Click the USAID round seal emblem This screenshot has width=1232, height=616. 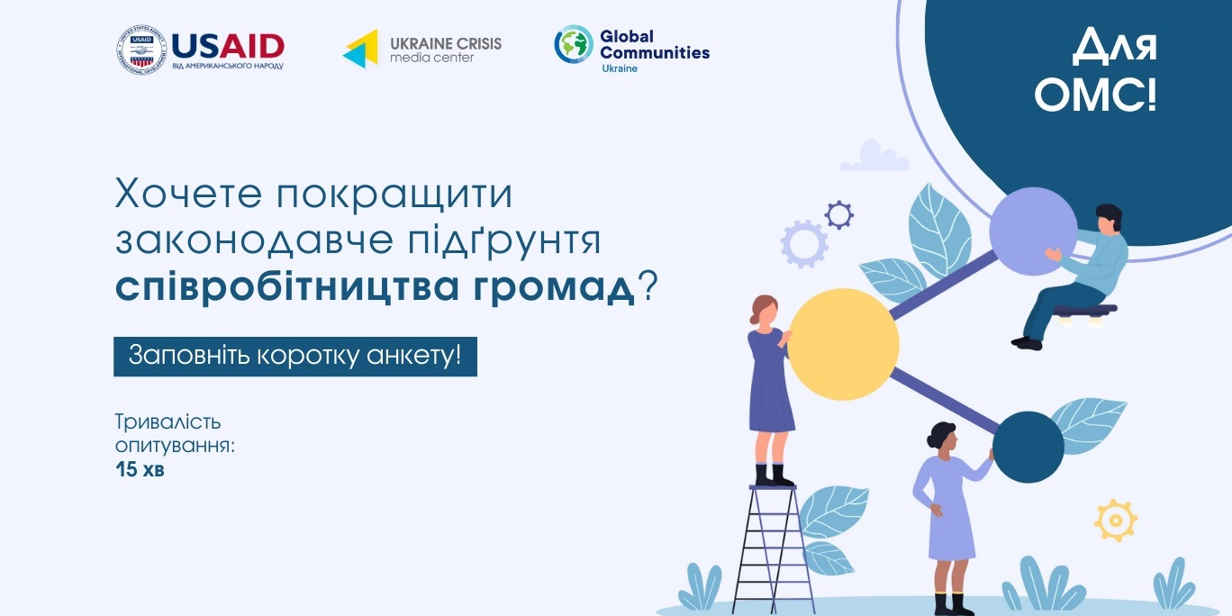pyautogui.click(x=142, y=50)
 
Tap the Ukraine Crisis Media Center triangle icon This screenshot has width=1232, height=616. pyautogui.click(x=361, y=49)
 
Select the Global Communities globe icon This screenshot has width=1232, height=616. pyautogui.click(x=574, y=44)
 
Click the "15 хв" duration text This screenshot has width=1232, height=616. pyautogui.click(x=140, y=470)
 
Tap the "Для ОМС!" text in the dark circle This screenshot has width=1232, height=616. pyautogui.click(x=1096, y=70)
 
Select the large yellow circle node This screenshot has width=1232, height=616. pyautogui.click(x=844, y=344)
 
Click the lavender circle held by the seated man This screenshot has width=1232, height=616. pyautogui.click(x=1033, y=231)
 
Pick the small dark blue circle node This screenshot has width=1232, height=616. pyautogui.click(x=1028, y=448)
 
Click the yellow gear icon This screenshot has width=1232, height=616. pyautogui.click(x=1116, y=520)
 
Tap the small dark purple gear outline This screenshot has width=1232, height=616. pyautogui.click(x=838, y=214)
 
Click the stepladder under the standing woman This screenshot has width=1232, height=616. pyautogui.click(x=773, y=549)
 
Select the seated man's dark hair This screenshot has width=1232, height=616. pyautogui.click(x=1110, y=216)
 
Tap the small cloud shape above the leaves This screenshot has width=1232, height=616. pyautogui.click(x=874, y=156)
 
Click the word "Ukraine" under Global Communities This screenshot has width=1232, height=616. pyautogui.click(x=620, y=68)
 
